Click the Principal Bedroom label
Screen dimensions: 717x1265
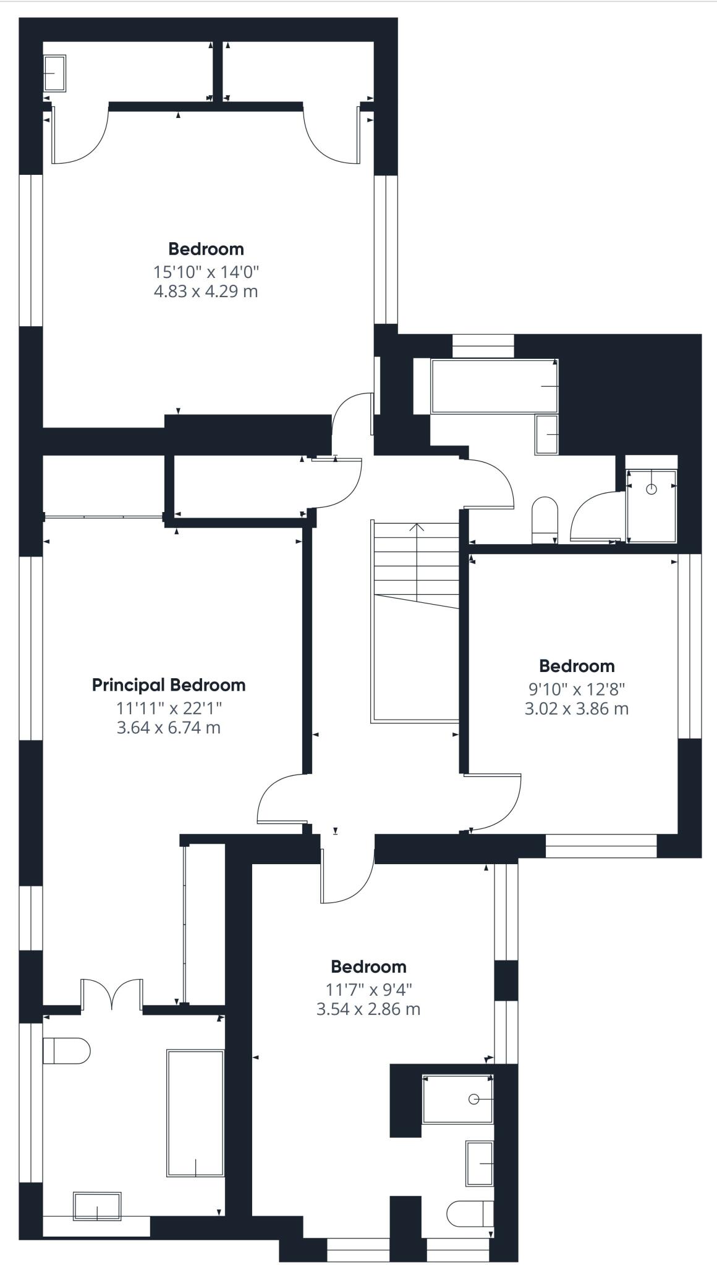pos(169,685)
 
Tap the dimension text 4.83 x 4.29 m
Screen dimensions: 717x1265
pos(206,291)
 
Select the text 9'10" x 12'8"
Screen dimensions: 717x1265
pos(577,688)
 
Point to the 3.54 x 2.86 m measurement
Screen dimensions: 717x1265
pos(368,1009)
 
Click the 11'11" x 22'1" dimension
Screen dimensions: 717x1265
pos(169,707)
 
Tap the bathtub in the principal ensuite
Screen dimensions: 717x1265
pos(195,1112)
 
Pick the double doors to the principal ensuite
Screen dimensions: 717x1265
pos(112,994)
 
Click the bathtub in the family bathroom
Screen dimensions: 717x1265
pos(494,386)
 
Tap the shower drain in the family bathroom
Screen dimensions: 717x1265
pos(651,489)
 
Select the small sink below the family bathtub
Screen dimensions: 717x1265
pos(547,435)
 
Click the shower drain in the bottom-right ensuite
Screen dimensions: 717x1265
pos(474,1116)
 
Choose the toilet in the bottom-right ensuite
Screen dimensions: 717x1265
pos(470,1214)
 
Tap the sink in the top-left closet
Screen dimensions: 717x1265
pos(54,73)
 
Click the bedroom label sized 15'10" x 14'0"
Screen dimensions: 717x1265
pos(206,249)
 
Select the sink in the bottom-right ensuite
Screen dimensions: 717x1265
pos(480,1164)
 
